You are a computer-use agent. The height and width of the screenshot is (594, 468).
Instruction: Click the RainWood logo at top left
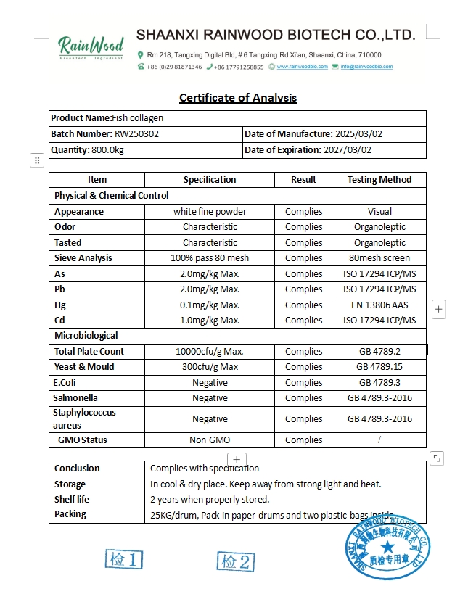coord(91,49)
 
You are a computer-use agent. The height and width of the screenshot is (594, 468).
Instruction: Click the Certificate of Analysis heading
coord(238,98)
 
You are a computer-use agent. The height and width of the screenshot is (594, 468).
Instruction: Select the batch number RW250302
coord(136,134)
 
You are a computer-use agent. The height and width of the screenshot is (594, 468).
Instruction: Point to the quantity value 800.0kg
coord(107,150)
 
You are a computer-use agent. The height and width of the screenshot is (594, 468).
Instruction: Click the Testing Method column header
coord(379,180)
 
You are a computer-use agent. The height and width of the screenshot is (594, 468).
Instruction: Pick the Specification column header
coord(210,180)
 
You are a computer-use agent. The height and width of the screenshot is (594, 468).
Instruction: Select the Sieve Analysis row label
coord(83,258)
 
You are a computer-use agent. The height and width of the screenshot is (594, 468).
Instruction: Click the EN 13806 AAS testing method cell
coord(379,305)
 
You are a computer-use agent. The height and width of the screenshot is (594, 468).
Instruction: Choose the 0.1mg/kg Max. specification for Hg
coord(210,305)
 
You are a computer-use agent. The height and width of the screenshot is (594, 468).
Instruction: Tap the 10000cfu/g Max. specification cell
coord(210,352)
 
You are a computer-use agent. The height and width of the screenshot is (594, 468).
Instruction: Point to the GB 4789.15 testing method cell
coord(379,367)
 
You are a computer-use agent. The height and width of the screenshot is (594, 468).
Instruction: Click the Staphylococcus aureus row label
coord(84,418)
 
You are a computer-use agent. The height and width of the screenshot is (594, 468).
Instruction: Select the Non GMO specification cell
coord(210,440)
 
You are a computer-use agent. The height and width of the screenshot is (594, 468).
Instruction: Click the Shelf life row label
coord(72,499)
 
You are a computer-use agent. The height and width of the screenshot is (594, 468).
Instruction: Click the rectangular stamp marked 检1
coord(124,560)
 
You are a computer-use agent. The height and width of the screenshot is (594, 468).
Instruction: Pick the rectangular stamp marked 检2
coord(236,561)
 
